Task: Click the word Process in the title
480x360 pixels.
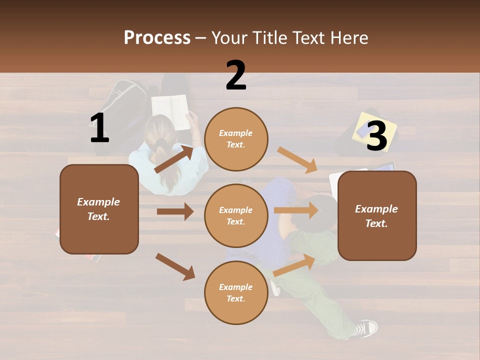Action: tap(157, 38)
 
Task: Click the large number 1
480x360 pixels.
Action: tap(99, 128)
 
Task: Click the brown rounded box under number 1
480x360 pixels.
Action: tap(99, 209)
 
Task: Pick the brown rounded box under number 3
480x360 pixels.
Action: tap(377, 215)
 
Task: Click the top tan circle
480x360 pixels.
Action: tap(236, 139)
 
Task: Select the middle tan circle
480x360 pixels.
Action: tap(236, 215)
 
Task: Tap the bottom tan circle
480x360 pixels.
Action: tap(236, 292)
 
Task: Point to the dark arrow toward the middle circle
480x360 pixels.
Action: tap(175, 211)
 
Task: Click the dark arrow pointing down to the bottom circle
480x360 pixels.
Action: tap(175, 266)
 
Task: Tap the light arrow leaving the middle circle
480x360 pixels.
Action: tap(296, 210)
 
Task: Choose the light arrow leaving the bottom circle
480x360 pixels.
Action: tap(294, 265)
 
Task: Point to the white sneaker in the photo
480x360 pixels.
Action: tap(365, 328)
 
